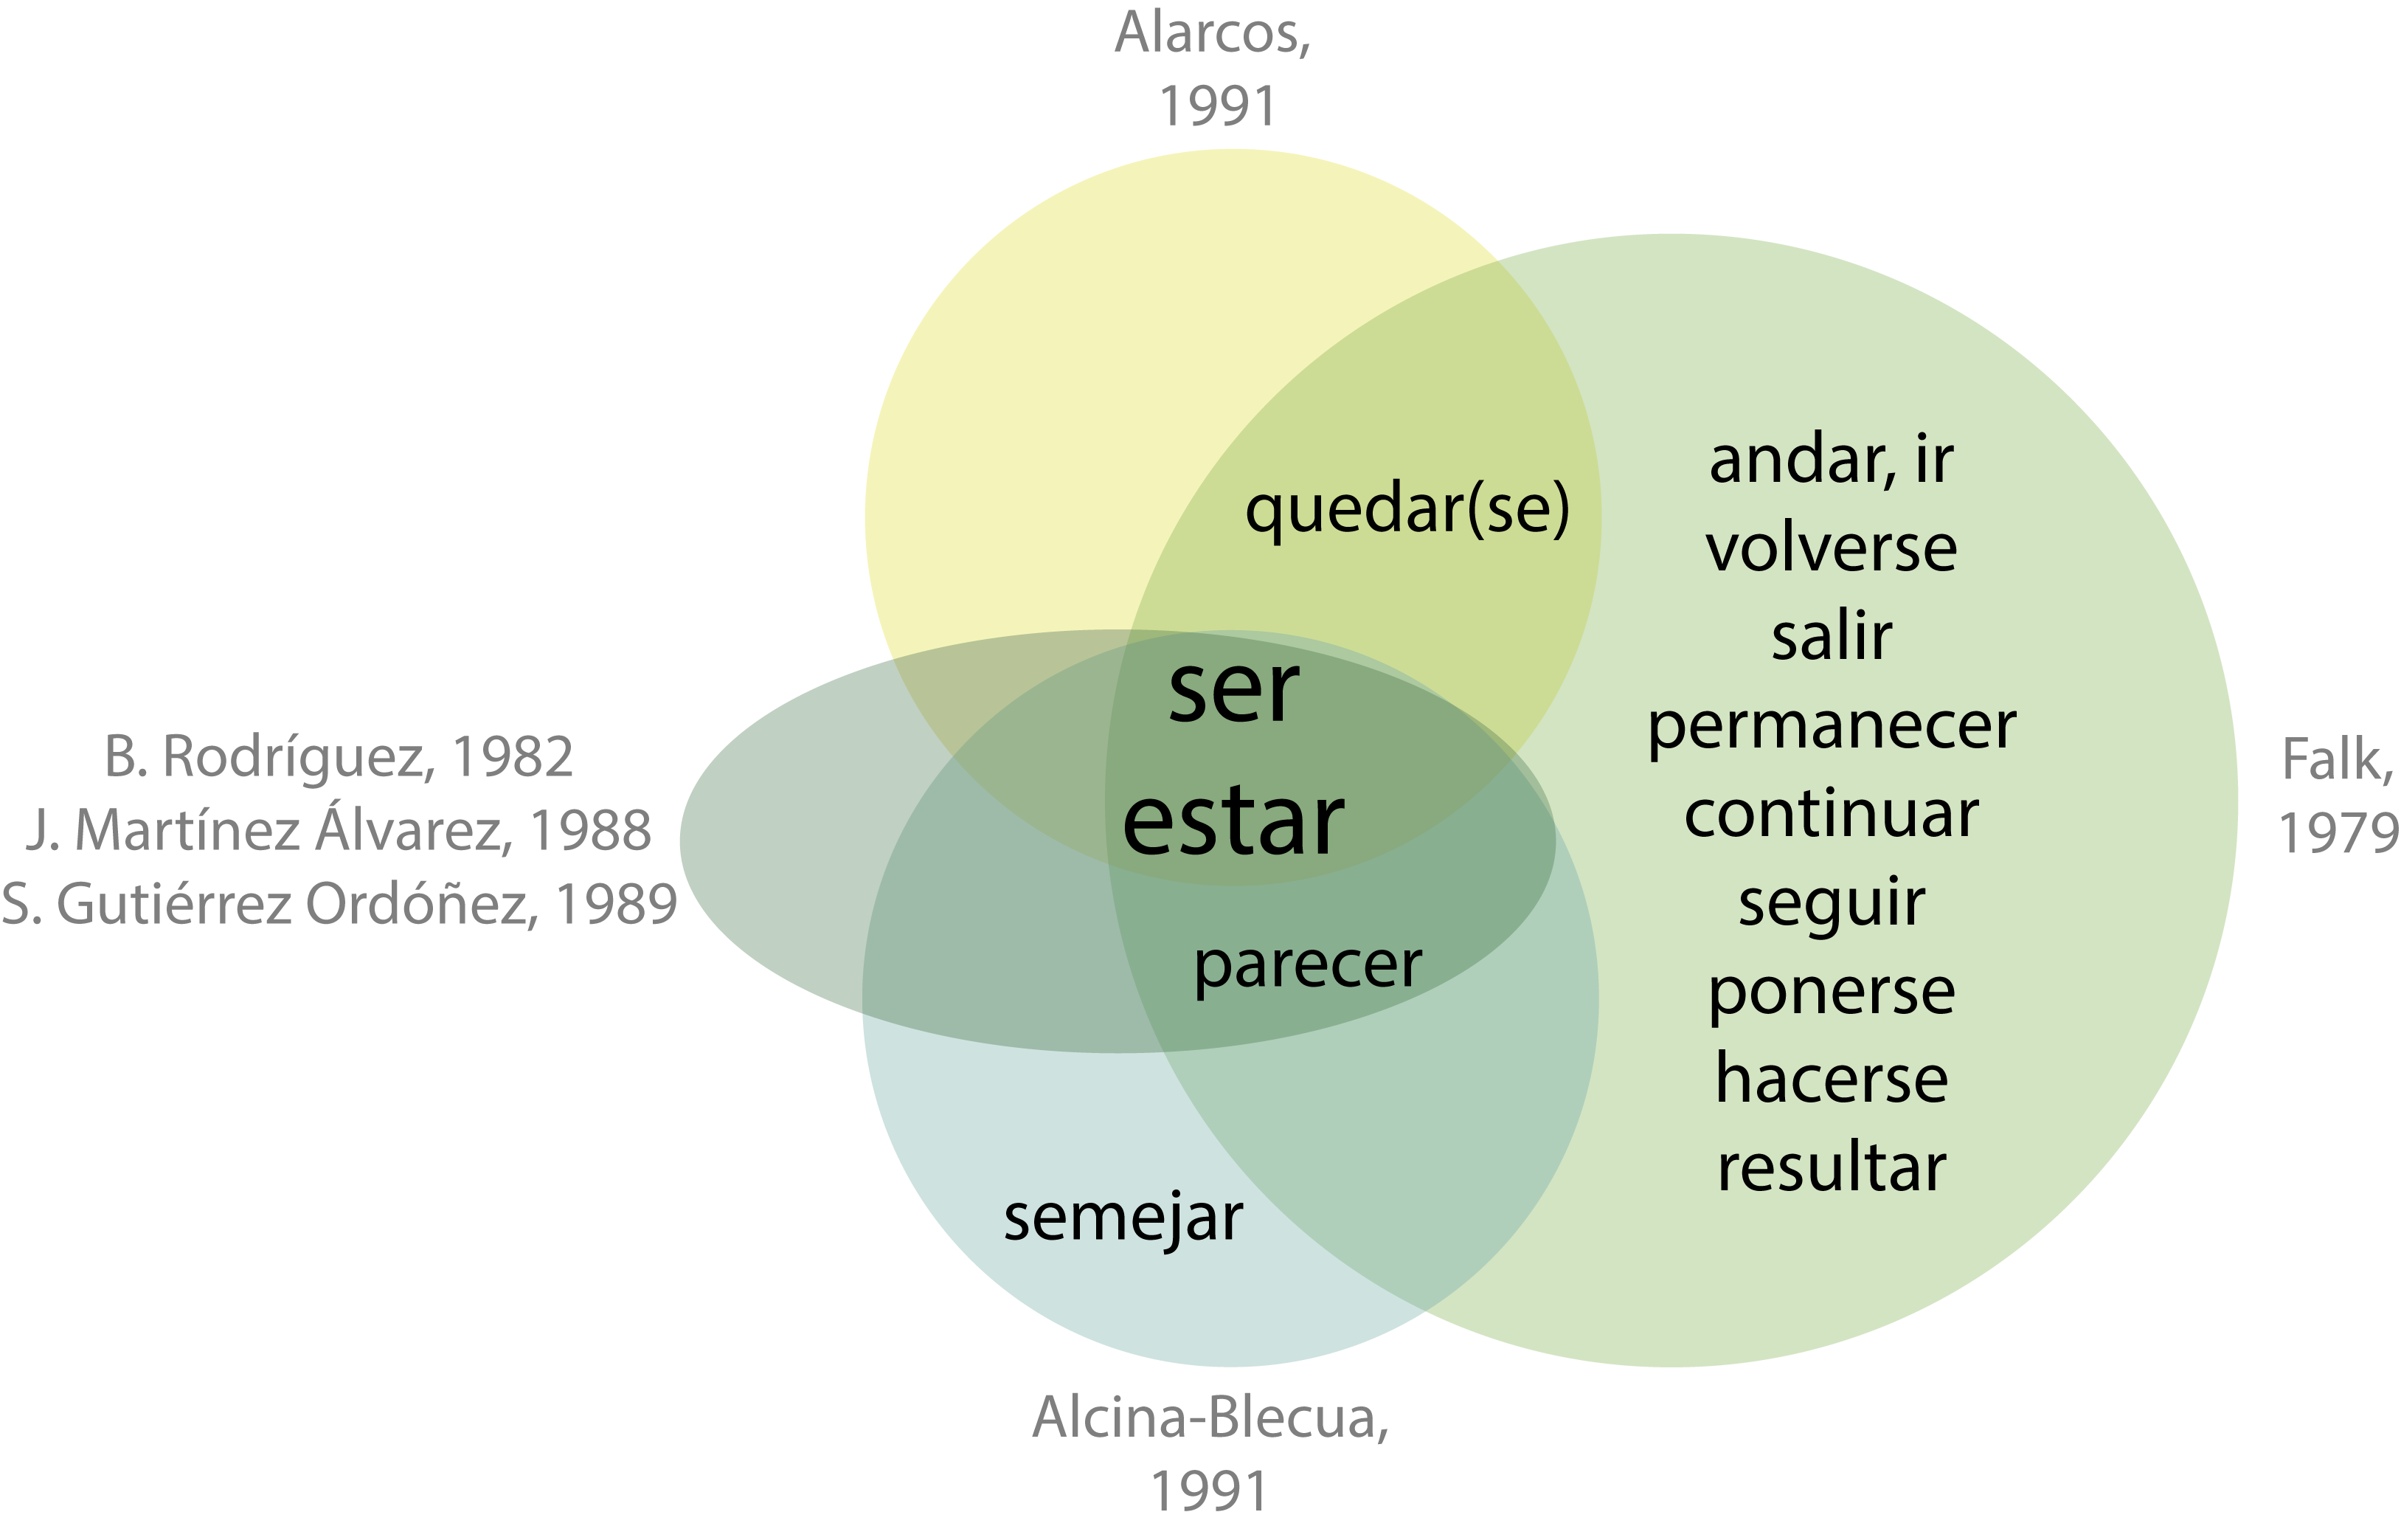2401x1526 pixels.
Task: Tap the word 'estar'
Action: point(1233,823)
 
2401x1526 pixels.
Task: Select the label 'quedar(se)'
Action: point(1407,508)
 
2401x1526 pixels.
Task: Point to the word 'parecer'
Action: point(1307,964)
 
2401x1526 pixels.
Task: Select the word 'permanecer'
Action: point(1831,727)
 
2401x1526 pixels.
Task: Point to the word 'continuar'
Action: point(1831,814)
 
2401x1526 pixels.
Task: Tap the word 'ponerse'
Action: point(1831,992)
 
